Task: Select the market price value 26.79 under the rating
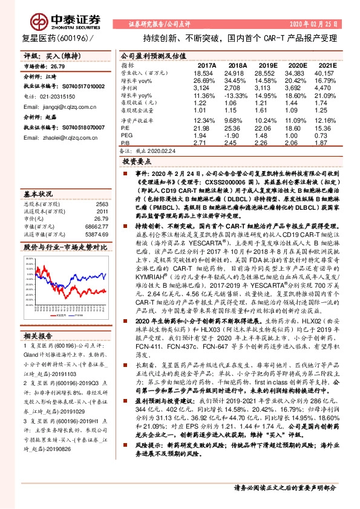click(57, 66)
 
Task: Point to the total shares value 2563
click(101, 204)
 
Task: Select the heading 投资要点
click(137, 163)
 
